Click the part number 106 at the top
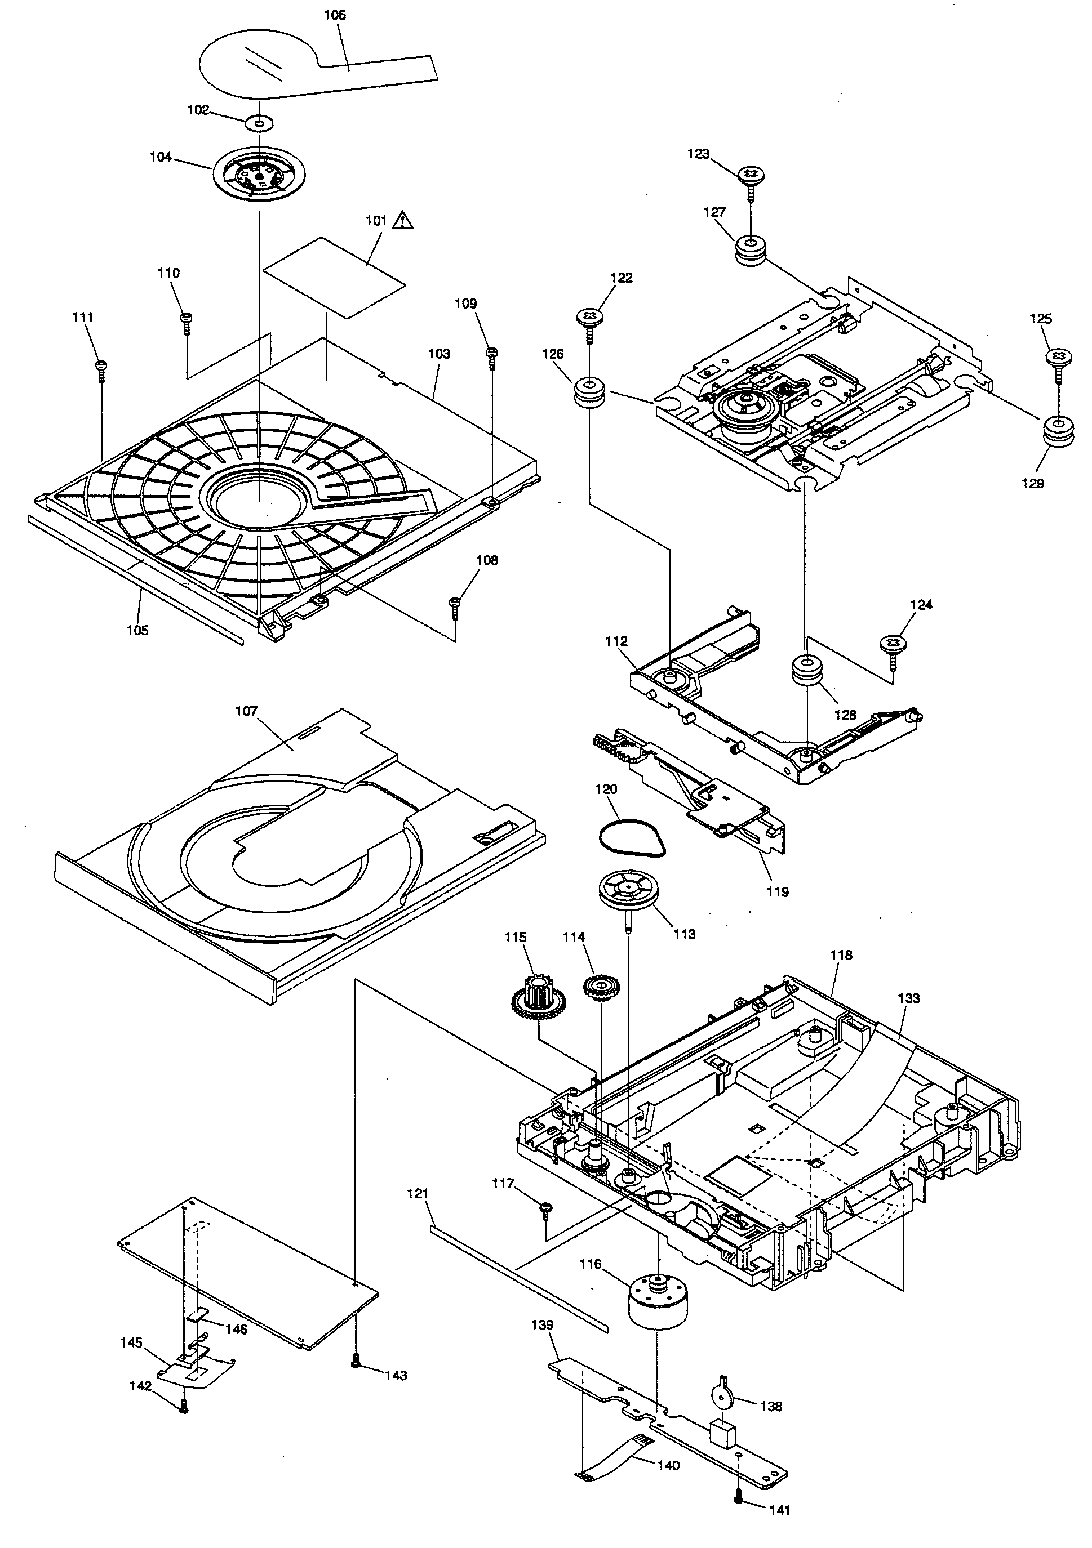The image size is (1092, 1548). pyautogui.click(x=335, y=15)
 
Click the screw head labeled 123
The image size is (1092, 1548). pyautogui.click(x=749, y=175)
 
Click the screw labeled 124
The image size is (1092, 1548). pyautogui.click(x=894, y=646)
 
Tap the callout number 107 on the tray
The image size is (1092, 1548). pyautogui.click(x=246, y=711)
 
